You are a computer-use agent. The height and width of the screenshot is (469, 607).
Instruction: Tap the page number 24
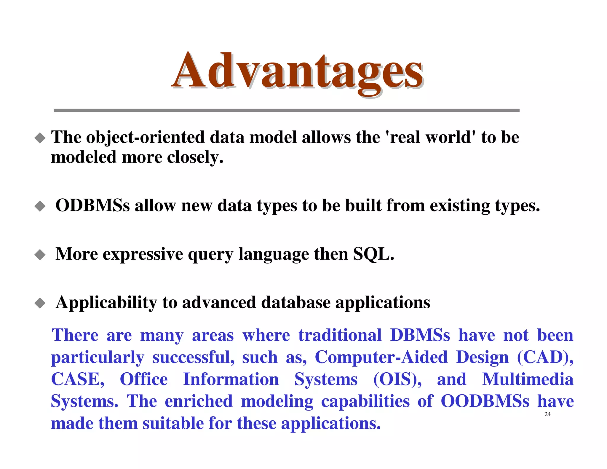(547, 414)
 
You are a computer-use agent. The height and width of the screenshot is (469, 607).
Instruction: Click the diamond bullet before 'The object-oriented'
(40, 138)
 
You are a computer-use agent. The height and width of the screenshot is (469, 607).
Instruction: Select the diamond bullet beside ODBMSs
(40, 206)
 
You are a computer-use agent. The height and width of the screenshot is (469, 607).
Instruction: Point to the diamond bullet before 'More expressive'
(40, 255)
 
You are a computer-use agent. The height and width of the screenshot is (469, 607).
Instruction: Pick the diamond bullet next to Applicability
(40, 303)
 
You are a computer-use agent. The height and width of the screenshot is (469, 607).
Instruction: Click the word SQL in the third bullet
(373, 254)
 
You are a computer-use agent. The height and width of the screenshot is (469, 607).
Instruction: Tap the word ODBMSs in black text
(92, 205)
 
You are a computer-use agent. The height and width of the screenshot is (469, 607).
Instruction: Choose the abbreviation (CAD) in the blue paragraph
(545, 357)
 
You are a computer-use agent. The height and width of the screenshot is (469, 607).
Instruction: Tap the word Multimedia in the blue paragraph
(528, 379)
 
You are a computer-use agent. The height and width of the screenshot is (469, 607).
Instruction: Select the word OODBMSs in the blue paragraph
(485, 401)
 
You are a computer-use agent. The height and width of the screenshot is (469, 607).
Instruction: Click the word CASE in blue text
(77, 379)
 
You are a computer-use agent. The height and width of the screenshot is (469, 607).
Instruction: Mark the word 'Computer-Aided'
(381, 357)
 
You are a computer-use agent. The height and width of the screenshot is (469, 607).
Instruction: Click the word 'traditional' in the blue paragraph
(340, 335)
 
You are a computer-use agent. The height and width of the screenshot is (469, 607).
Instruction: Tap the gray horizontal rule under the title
(286, 110)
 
